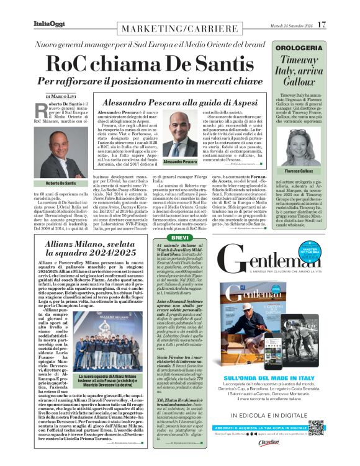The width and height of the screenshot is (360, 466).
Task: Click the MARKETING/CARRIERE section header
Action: pos(173,31)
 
